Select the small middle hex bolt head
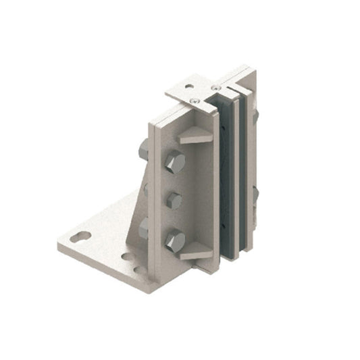(x=174, y=200)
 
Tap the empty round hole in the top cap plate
(x=189, y=86)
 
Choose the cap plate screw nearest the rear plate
(x=215, y=88)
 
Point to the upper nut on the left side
(x=143, y=149)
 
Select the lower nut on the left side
(x=143, y=228)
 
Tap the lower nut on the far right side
(x=255, y=195)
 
